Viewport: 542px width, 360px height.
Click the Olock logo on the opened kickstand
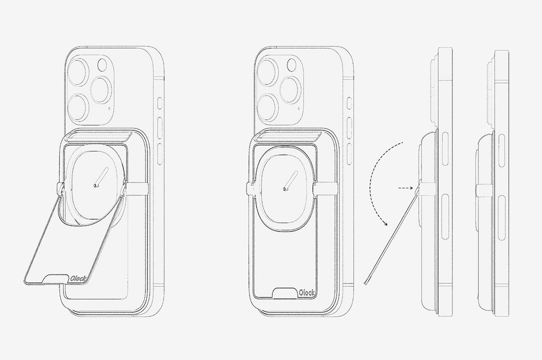pyautogui.click(x=77, y=279)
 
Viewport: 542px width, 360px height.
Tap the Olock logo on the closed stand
pyautogui.click(x=307, y=293)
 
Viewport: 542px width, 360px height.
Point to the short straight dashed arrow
pyautogui.click(x=406, y=188)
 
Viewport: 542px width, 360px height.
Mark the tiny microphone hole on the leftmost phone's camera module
pyautogui.click(x=110, y=108)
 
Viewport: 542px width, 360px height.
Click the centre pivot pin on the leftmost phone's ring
pyautogui.click(x=95, y=186)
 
